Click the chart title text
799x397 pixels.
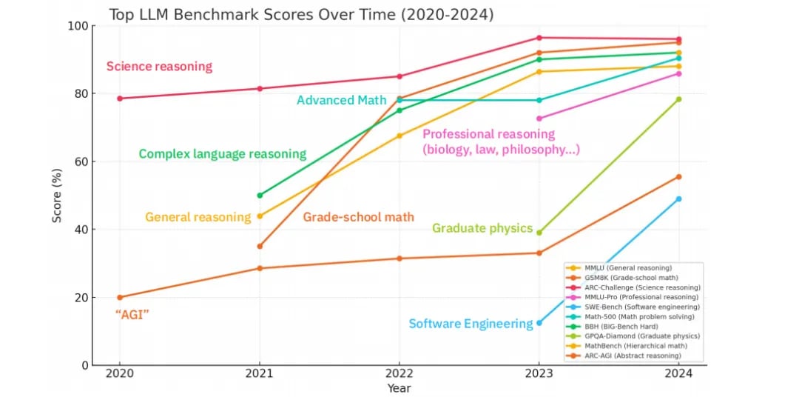click(301, 14)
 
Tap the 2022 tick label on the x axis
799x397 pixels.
click(399, 374)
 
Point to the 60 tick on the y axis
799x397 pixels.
click(80, 161)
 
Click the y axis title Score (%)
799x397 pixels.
click(57, 196)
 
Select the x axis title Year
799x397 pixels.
click(399, 388)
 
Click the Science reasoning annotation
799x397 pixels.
click(159, 67)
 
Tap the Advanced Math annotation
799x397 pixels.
click(341, 100)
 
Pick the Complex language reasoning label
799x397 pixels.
click(222, 154)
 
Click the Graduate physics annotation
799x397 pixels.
click(482, 228)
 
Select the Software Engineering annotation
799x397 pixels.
click(471, 324)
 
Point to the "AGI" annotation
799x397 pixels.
click(132, 314)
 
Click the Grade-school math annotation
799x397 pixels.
click(358, 217)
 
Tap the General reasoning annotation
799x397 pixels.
click(198, 217)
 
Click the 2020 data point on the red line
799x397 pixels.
click(120, 99)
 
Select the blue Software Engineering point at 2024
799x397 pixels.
click(678, 199)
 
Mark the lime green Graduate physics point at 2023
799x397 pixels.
click(539, 233)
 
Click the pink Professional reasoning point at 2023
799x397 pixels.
click(539, 119)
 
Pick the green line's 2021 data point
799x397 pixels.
click(260, 196)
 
